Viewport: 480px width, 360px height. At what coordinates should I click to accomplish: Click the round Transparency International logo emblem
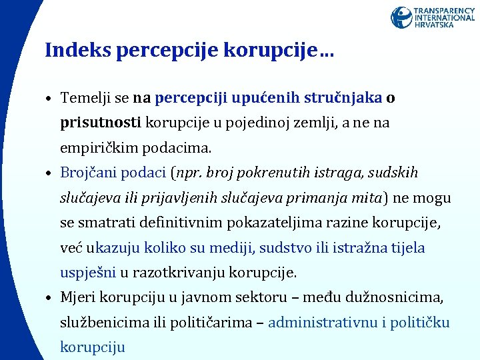[x=401, y=17]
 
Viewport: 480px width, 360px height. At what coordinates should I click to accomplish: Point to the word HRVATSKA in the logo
[x=434, y=25]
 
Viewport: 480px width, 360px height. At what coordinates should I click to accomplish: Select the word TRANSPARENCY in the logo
[x=444, y=11]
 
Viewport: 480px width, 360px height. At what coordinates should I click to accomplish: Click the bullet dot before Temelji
[x=50, y=100]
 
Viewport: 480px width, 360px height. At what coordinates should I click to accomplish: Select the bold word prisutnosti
[x=101, y=123]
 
